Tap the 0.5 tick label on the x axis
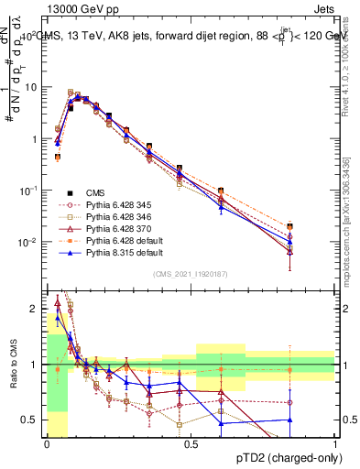click(x=191, y=443)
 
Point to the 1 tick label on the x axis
click(x=335, y=443)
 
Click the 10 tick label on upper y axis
click(x=33, y=87)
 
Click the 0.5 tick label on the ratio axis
click(x=33, y=420)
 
